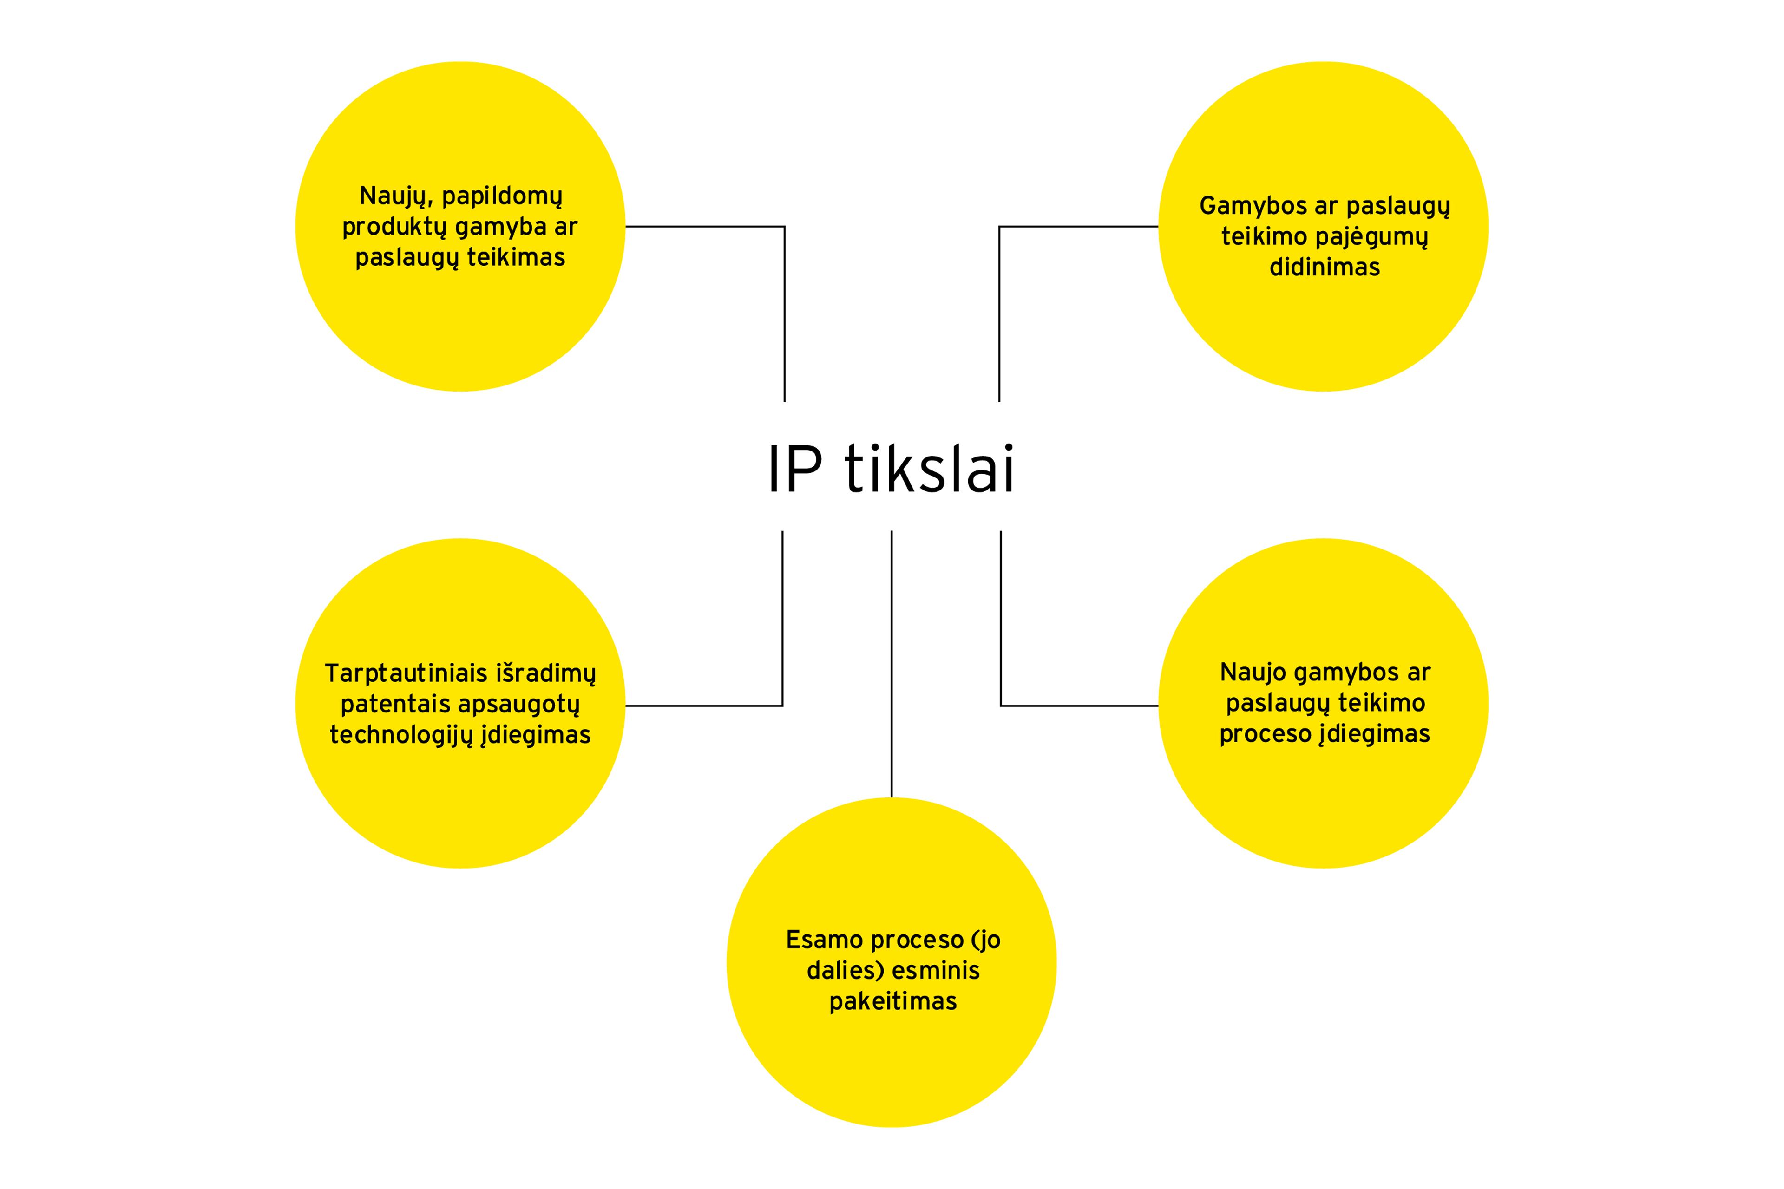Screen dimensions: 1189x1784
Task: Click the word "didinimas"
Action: (x=1325, y=268)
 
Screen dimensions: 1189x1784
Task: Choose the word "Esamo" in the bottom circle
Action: (x=825, y=940)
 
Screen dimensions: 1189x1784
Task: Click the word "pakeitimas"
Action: (x=893, y=1002)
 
